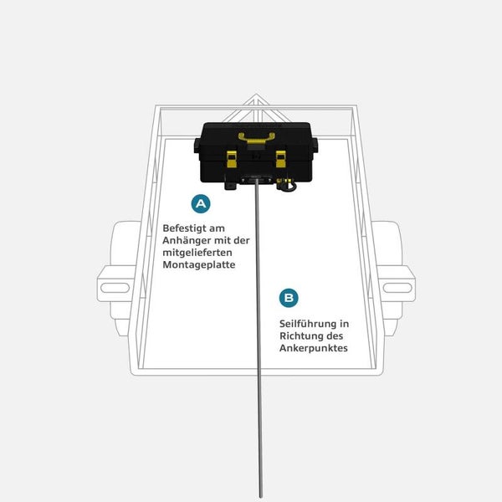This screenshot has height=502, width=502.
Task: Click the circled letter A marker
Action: click(201, 203)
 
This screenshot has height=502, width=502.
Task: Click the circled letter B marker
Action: click(289, 298)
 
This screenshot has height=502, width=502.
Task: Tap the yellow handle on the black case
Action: click(257, 138)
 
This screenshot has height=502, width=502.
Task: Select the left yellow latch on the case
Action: click(232, 159)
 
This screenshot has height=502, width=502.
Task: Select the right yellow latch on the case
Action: click(281, 159)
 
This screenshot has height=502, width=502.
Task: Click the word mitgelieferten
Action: click(197, 253)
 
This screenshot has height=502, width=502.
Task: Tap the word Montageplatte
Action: click(199, 264)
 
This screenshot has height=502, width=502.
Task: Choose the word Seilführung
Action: click(308, 324)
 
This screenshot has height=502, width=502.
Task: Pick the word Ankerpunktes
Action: click(314, 348)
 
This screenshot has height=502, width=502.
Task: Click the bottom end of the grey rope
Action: click(261, 496)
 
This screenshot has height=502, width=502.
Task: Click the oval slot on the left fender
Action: click(115, 288)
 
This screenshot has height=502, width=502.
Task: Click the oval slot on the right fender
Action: click(397, 288)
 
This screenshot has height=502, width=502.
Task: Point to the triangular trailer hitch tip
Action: click(256, 95)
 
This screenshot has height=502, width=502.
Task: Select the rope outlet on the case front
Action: click(257, 179)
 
